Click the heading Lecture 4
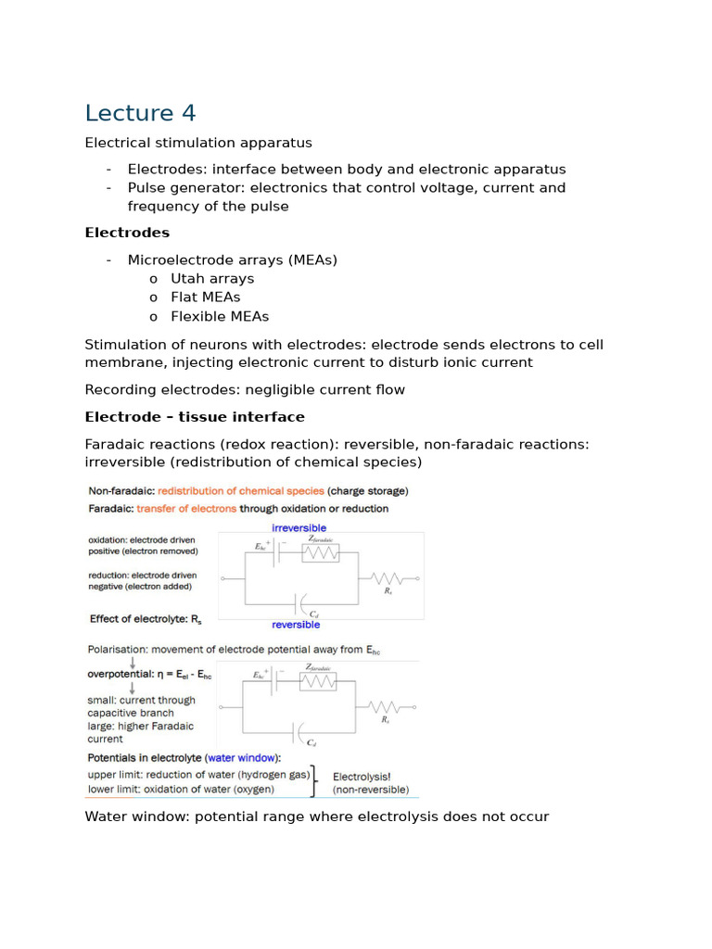(140, 113)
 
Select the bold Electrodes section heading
(127, 233)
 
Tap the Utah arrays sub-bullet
(211, 278)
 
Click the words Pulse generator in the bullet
(173, 188)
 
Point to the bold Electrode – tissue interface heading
(195, 417)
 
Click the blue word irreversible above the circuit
(299, 527)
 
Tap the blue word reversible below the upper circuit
(296, 625)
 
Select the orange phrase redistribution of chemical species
(241, 490)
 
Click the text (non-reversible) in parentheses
(371, 790)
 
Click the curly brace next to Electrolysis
(317, 781)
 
